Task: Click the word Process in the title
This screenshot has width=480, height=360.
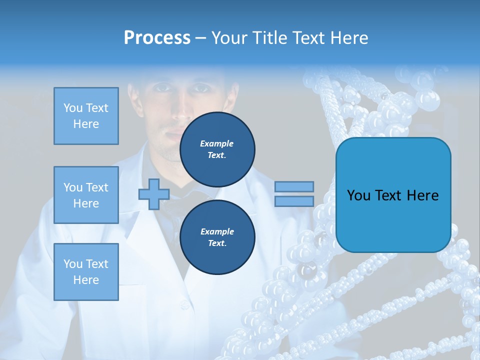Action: tap(157, 38)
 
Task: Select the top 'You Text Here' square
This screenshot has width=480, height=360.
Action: tap(86, 116)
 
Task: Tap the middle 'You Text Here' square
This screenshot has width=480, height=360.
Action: tap(86, 195)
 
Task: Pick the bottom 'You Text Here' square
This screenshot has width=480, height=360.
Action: tap(86, 272)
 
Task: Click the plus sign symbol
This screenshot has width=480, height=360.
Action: tap(153, 194)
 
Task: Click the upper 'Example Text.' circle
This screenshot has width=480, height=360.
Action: tap(217, 149)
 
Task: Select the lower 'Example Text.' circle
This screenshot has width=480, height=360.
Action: tap(217, 237)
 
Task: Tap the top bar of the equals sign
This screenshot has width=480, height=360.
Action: tap(294, 186)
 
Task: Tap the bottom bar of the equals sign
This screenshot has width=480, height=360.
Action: tap(294, 201)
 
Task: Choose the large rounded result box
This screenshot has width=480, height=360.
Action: tap(393, 195)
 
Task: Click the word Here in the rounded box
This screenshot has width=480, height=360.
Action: tap(423, 195)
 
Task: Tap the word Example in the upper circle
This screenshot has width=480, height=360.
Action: tap(217, 143)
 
